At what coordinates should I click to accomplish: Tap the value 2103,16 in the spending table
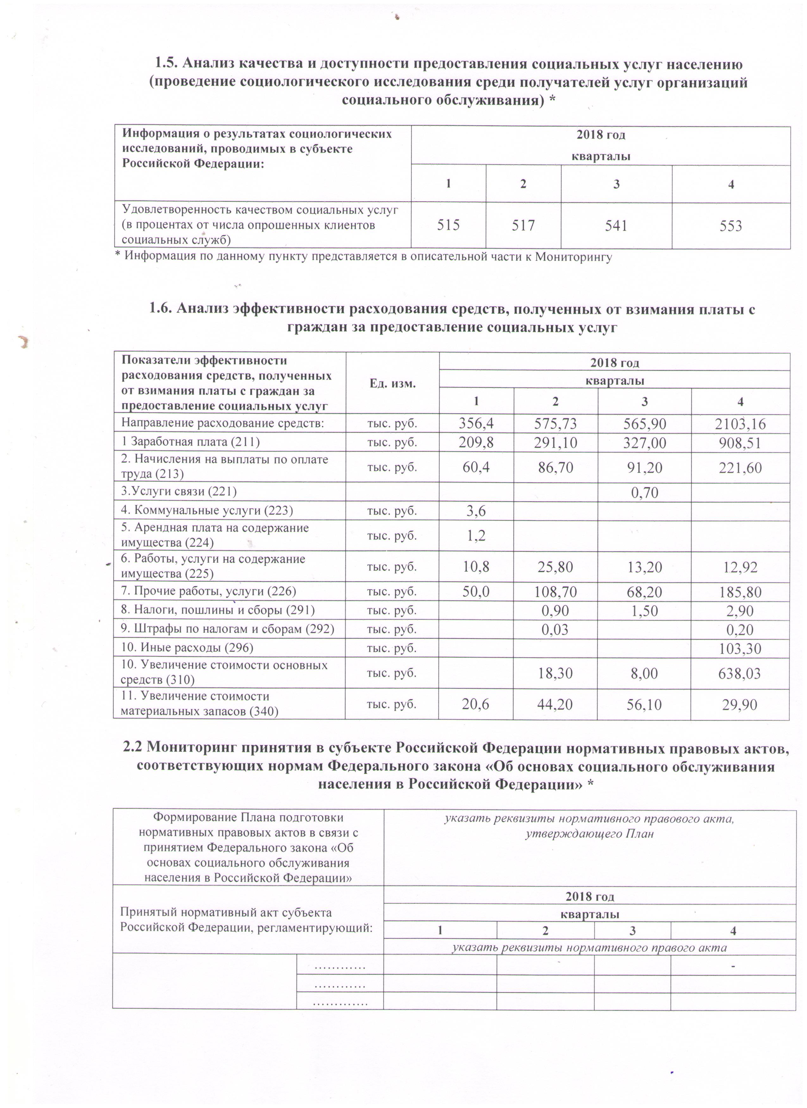740,424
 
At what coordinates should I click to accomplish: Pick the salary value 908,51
740,443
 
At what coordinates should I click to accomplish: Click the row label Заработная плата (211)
191,442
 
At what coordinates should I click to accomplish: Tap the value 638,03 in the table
740,674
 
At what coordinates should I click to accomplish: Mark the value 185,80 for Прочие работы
740,592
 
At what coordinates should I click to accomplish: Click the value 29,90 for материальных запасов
740,704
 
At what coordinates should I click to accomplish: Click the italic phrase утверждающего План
589,833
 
